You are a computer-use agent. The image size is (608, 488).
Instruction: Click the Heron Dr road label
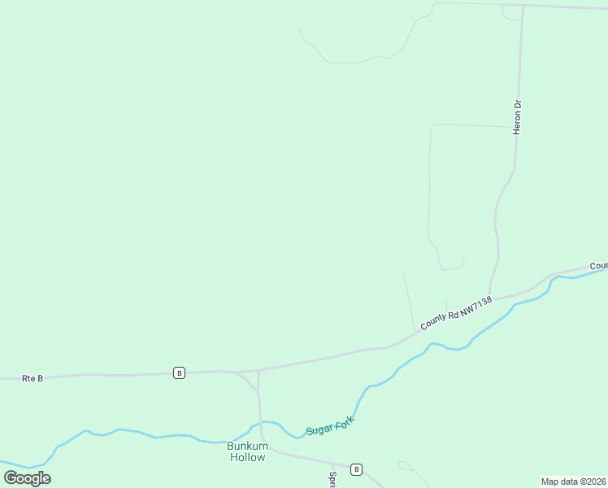pyautogui.click(x=516, y=117)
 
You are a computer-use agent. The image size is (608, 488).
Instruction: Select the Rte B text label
pyautogui.click(x=33, y=378)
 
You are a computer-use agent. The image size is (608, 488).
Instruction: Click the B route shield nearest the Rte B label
pyautogui.click(x=179, y=373)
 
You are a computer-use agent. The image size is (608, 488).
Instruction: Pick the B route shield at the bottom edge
pyautogui.click(x=356, y=469)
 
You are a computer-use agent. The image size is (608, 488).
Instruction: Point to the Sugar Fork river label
pyautogui.click(x=332, y=424)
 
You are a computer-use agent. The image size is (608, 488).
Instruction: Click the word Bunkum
pyautogui.click(x=246, y=446)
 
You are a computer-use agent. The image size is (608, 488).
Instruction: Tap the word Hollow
pyautogui.click(x=246, y=457)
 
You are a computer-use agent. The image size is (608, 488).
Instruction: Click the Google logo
pyautogui.click(x=27, y=477)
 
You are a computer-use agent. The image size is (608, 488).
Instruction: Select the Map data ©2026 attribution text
pyautogui.click(x=573, y=481)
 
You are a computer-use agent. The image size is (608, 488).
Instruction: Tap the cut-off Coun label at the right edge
pyautogui.click(x=598, y=266)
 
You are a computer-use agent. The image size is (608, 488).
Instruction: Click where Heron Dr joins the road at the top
pyautogui.click(x=523, y=6)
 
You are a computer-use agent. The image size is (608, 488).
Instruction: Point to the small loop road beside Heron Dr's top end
pyautogui.click(x=512, y=12)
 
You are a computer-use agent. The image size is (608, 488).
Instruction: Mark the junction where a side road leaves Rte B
pyautogui.click(x=258, y=371)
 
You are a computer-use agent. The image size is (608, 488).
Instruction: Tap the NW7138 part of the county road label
pyautogui.click(x=476, y=305)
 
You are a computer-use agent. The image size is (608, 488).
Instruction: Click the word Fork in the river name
pyautogui.click(x=342, y=420)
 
